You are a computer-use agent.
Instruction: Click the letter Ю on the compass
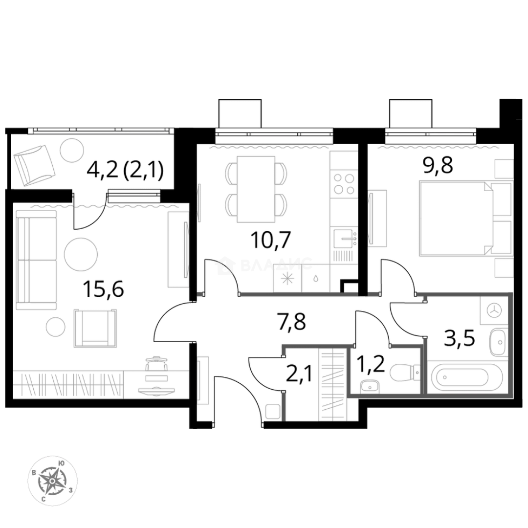pyautogui.click(x=61, y=462)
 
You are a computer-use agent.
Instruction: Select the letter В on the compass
pyautogui.click(x=34, y=473)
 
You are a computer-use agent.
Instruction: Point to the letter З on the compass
pyautogui.click(x=71, y=489)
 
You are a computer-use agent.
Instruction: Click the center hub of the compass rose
pyautogui.click(x=52, y=481)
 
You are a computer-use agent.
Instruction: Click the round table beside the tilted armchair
pyautogui.click(x=72, y=150)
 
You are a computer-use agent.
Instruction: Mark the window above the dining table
pyautogui.click(x=274, y=135)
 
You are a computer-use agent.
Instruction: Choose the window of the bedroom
pyautogui.click(x=430, y=135)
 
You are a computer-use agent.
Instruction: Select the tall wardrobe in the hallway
pyautogui.click(x=332, y=384)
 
